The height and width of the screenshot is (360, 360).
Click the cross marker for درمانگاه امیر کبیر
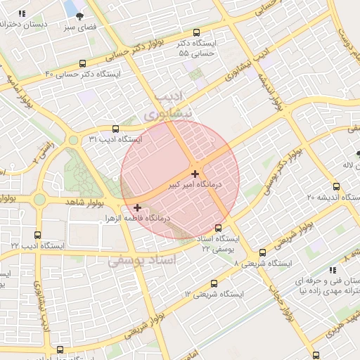tap(195, 173)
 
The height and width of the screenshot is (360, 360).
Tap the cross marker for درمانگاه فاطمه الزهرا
tap(137, 207)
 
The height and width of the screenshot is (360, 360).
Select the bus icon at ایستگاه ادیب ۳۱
tap(116, 129)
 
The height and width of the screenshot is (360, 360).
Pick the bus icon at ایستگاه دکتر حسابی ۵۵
tap(196, 32)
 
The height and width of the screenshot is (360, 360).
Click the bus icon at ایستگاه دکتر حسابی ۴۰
tap(83, 63)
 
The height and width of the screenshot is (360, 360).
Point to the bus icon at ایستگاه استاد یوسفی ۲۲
tap(218, 228)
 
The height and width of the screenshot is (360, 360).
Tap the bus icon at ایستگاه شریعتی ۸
tap(262, 252)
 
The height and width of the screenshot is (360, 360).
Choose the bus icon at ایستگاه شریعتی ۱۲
tap(214, 283)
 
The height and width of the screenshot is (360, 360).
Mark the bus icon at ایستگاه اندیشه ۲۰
tap(336, 186)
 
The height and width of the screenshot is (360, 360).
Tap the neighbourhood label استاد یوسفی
tap(143, 260)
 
